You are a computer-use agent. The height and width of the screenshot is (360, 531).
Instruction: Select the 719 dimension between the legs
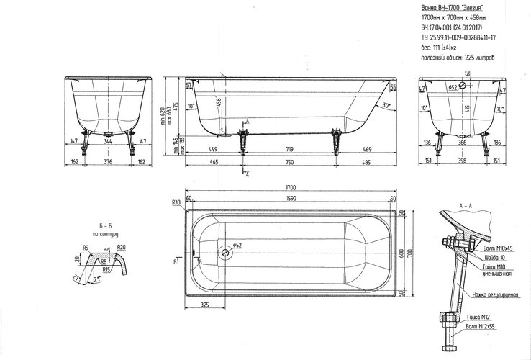[287, 150]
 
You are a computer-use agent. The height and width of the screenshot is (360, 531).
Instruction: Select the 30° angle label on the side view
[386, 105]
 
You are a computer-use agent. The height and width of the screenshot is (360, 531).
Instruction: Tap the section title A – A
[466, 204]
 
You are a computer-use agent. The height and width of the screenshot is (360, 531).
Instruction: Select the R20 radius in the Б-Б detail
[122, 247]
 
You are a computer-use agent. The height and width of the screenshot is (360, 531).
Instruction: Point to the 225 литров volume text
[478, 55]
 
